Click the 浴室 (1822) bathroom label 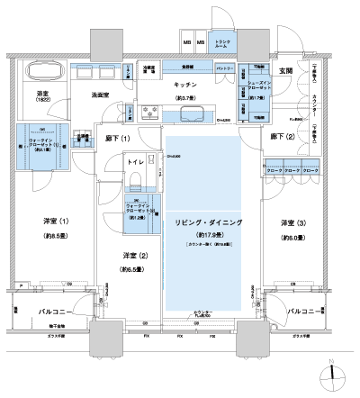41,96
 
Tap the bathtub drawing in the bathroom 41,72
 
